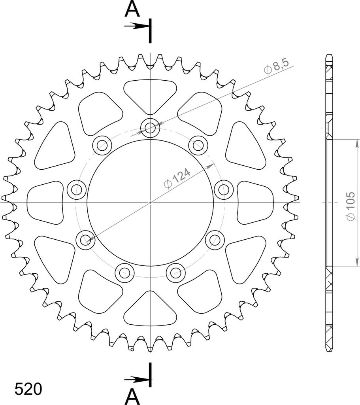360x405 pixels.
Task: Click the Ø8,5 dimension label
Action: coord(276,66)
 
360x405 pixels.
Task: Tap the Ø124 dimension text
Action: coord(177,178)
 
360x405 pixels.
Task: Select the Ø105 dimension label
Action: coord(351,206)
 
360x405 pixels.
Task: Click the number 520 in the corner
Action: coord(28,389)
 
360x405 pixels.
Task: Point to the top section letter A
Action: coord(132,9)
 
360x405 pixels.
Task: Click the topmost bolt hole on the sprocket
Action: coord(150,127)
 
